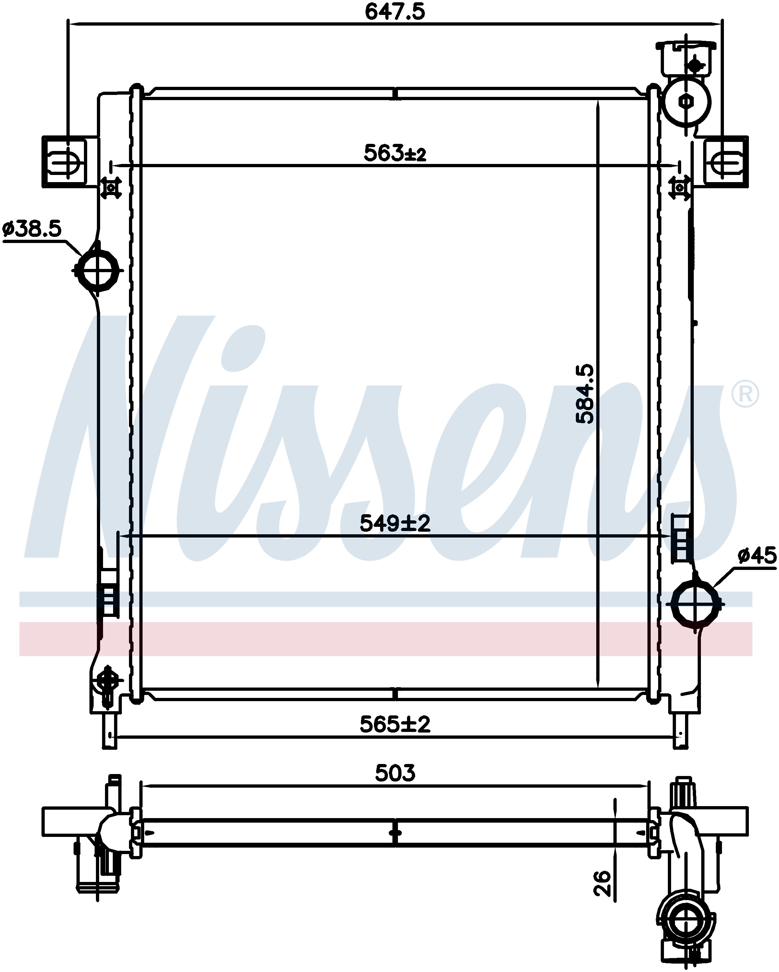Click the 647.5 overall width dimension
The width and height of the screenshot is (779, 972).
pos(395,12)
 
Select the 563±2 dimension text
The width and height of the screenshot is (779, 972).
pos(395,153)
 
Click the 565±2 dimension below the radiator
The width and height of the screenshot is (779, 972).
pos(395,725)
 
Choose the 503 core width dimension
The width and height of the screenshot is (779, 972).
pos(395,773)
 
